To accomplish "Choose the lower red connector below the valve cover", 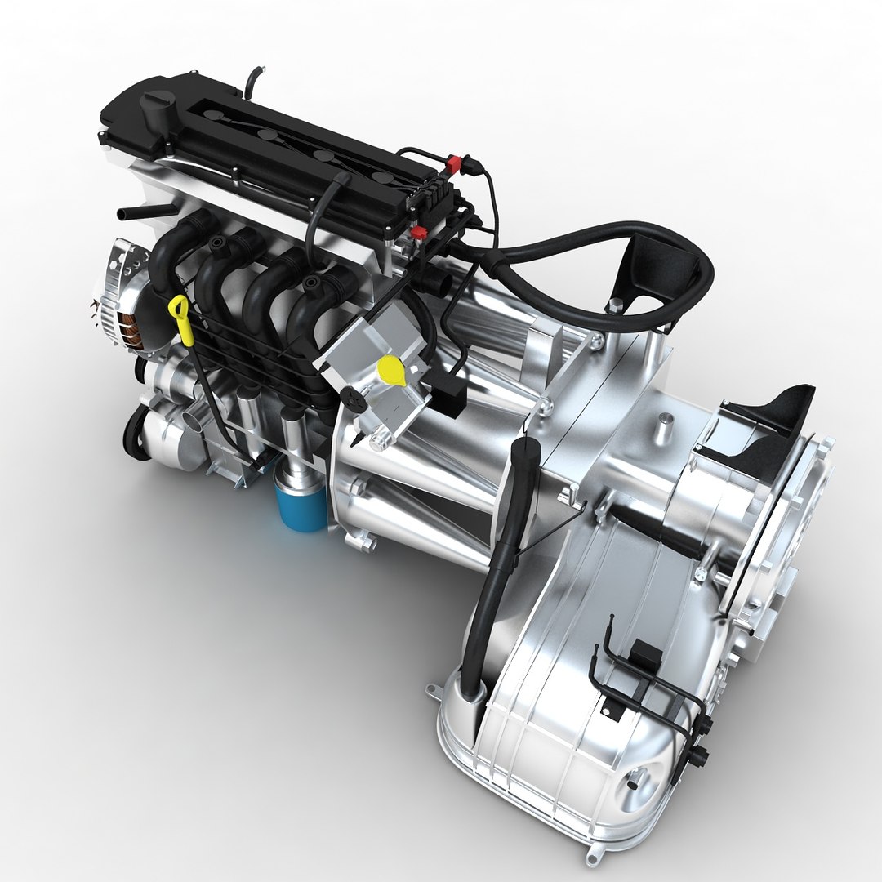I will click(418, 234).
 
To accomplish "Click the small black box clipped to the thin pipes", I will click(645, 653).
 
